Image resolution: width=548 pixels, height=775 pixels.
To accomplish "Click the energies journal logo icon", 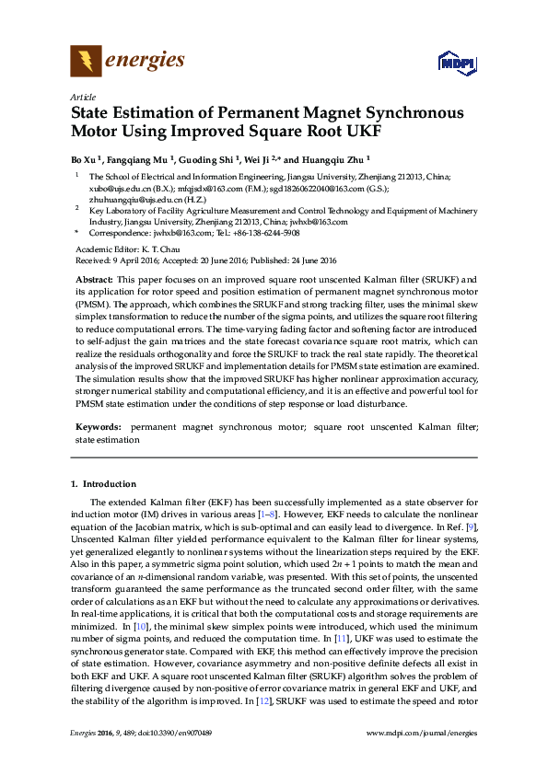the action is click(86, 61).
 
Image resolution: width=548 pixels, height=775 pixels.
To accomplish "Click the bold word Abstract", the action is click(93, 278).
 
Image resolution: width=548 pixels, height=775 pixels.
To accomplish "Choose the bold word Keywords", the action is click(97, 428).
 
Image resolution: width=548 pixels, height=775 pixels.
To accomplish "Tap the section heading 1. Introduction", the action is click(103, 483).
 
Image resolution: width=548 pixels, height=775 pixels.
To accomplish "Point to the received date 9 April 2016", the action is click(134, 259).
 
